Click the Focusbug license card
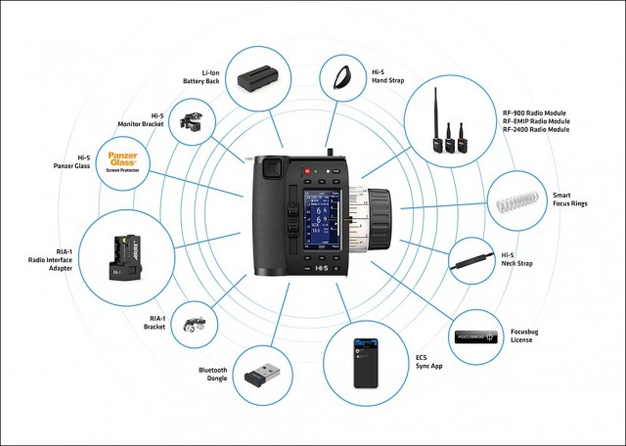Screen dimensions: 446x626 click(479, 336)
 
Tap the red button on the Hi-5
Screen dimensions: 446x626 click(307, 172)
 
